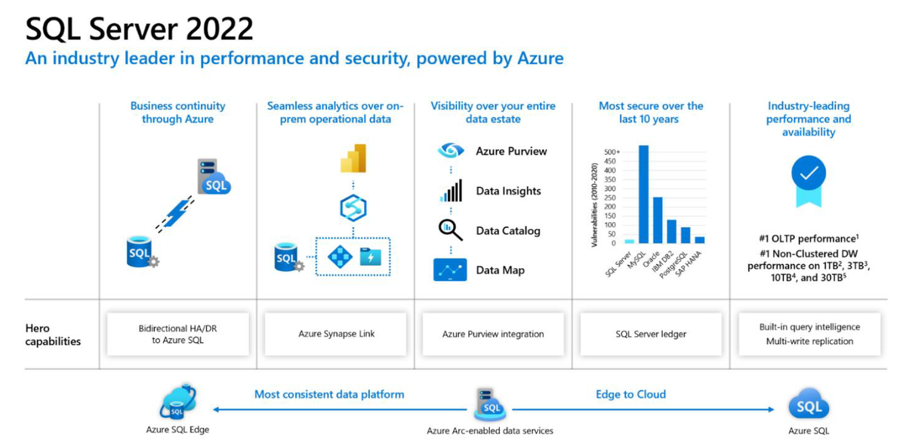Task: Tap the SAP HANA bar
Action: coord(699,239)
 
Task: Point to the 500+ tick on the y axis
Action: coord(611,152)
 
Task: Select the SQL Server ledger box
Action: coord(651,334)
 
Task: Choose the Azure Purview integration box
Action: coord(493,334)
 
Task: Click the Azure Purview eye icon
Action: coord(451,151)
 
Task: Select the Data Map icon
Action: coord(450,270)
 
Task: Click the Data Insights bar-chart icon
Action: coord(451,191)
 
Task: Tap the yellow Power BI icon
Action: coord(353,158)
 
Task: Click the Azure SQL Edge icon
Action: coord(177,402)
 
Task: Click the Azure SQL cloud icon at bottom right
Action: coord(809,407)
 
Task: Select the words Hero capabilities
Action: coord(52,334)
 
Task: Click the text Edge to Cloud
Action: coord(630,394)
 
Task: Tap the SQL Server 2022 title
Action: coord(140,29)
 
